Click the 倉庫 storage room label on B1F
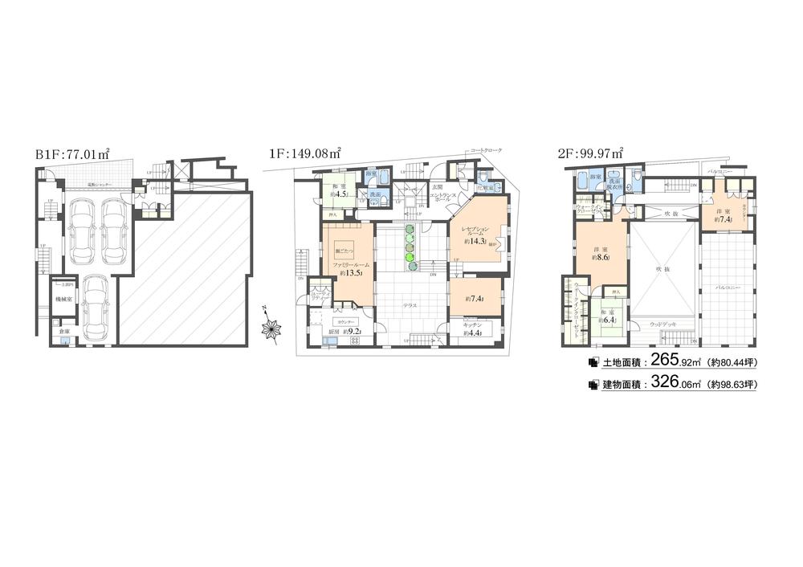pos(63,330)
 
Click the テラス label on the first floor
pos(410,305)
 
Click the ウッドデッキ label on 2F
pos(663,324)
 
